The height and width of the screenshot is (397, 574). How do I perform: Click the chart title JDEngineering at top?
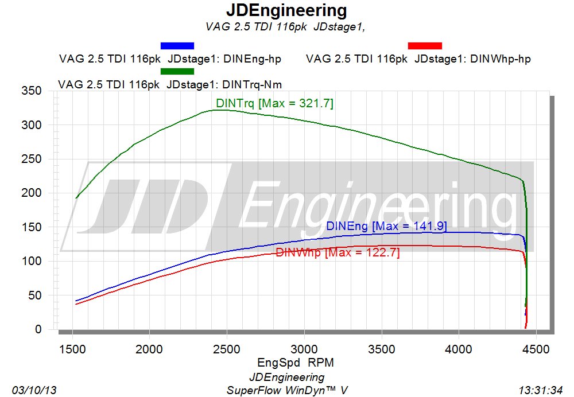point(286,11)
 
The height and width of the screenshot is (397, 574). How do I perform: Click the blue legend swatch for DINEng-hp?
point(177,46)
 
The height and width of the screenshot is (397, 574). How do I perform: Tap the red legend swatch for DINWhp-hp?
point(425,46)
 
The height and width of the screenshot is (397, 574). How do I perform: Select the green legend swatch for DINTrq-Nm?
point(177,71)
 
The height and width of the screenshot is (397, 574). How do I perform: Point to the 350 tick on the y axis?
point(32,91)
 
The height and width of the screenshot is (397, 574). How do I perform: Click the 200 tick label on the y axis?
point(32,192)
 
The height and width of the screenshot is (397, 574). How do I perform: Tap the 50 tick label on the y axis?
point(35,295)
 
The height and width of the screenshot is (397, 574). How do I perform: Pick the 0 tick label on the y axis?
point(38,329)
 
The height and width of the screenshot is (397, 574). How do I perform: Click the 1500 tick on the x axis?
point(72,349)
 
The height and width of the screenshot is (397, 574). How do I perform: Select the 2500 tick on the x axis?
point(227,349)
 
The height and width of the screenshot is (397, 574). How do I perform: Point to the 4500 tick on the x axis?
point(536,349)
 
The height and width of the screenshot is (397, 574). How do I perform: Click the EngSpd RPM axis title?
point(296,363)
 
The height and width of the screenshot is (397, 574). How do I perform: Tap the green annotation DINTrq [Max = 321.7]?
point(274,103)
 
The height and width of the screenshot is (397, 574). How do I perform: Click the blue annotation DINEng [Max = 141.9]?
point(386,226)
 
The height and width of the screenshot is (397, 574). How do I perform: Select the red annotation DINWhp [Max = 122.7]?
point(338,252)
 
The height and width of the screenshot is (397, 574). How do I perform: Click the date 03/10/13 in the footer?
point(34,390)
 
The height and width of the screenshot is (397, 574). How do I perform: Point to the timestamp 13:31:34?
point(540,390)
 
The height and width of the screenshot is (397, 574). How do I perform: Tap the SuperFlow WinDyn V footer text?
point(287,390)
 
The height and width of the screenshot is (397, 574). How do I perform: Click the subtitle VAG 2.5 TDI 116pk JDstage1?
point(285,27)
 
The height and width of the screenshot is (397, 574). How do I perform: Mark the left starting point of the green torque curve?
point(76,198)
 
